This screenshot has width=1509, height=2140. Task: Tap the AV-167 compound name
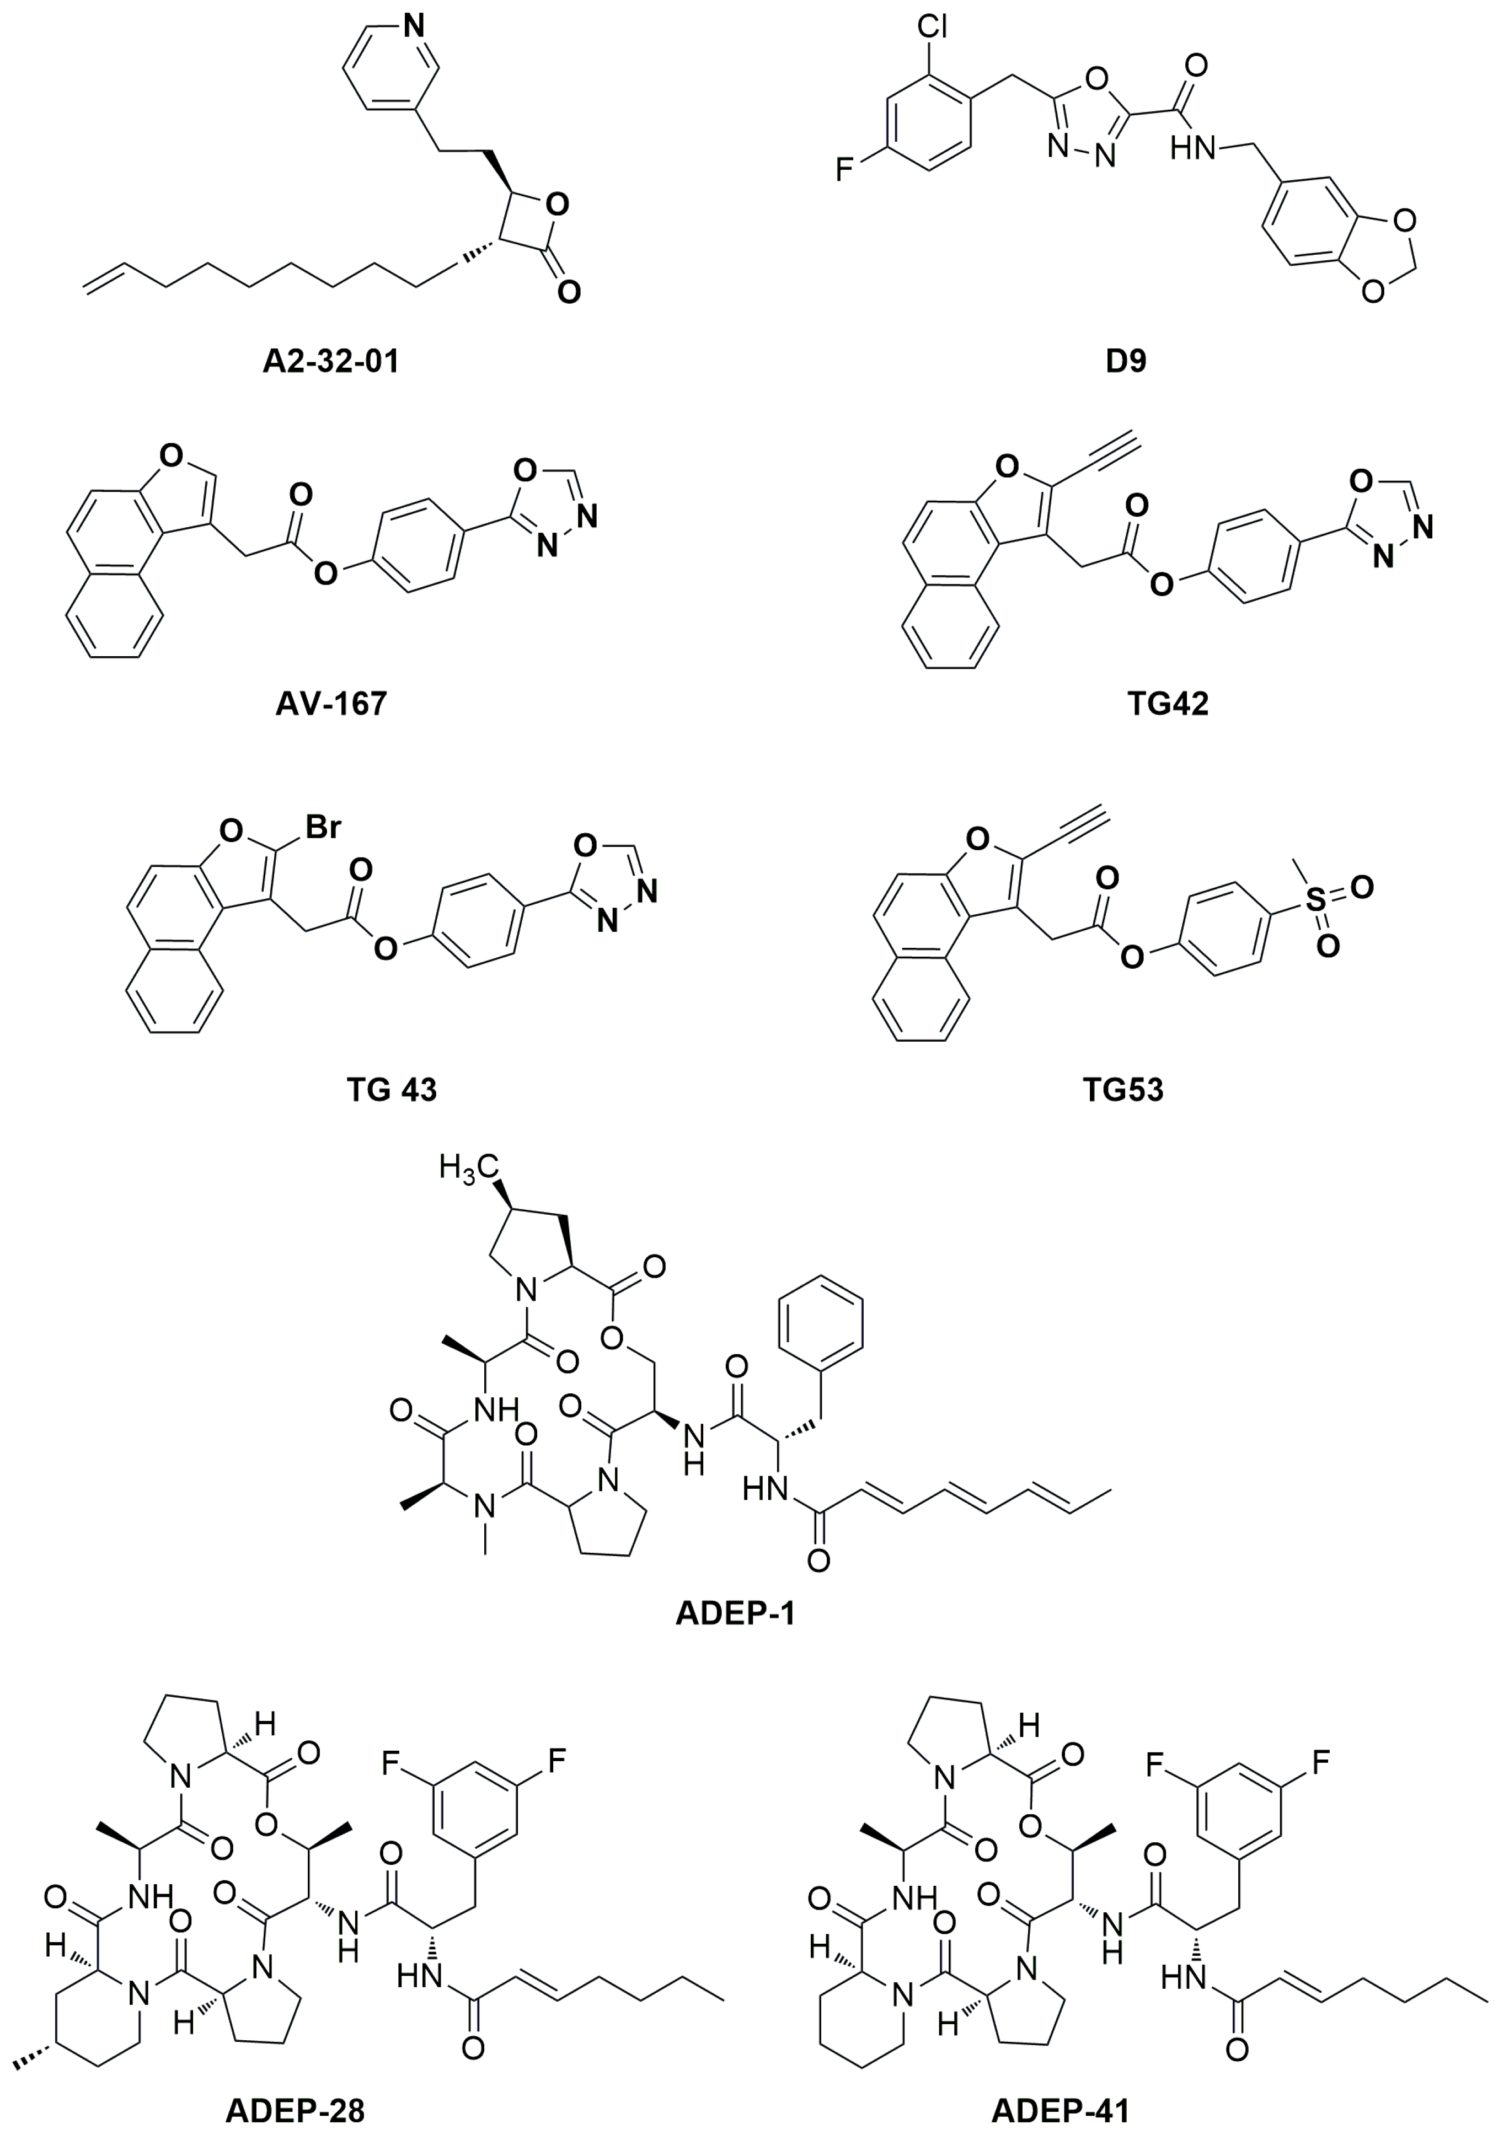coord(331,703)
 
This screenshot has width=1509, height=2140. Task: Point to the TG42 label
coord(1167,703)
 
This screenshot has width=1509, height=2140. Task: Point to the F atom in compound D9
coord(844,170)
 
